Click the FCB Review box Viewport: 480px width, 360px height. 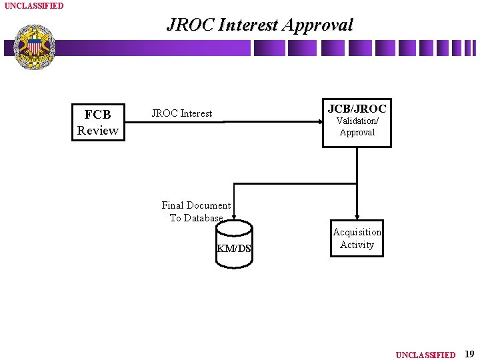pos(97,122)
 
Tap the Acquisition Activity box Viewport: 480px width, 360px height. pos(357,239)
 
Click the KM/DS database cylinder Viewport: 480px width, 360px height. pos(234,245)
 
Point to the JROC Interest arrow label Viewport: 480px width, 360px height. pos(181,113)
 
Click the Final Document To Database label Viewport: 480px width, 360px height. pos(196,211)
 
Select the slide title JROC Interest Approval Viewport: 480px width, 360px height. pos(259,25)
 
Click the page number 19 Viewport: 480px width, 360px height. pos(469,354)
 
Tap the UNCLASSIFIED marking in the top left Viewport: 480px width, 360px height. pos(34,6)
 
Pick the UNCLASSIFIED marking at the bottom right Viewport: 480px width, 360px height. pos(425,355)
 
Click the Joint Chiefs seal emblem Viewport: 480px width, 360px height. pos(34,47)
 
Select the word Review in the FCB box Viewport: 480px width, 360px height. pos(97,130)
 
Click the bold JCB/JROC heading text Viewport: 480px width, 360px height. pos(357,109)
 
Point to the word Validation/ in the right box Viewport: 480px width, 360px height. pos(357,121)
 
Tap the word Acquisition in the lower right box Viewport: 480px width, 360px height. pos(357,232)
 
